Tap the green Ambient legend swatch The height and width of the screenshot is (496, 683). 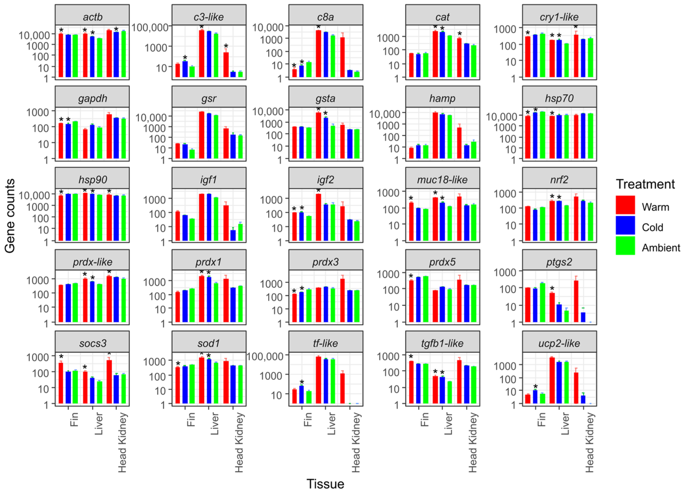(625, 246)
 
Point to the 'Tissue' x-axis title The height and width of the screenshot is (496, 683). (325, 484)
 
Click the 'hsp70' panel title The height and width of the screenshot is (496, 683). (559, 98)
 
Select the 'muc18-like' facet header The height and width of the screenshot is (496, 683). (442, 180)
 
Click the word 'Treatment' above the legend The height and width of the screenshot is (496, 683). (645, 184)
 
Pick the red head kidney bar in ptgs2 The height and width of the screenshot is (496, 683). (576, 301)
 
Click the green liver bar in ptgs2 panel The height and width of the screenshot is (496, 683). (566, 316)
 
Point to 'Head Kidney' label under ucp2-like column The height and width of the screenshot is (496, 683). (589, 442)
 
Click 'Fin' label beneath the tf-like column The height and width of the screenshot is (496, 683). (307, 419)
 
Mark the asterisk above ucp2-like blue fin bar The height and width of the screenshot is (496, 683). (535, 387)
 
